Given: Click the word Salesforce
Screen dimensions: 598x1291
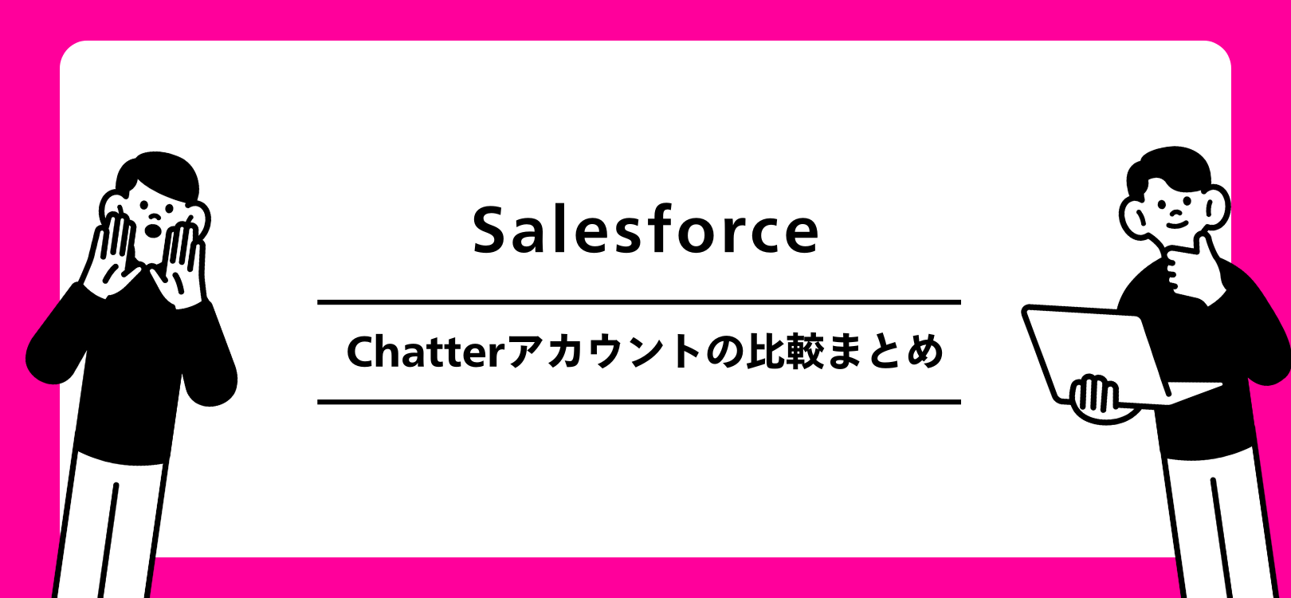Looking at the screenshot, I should coord(645,230).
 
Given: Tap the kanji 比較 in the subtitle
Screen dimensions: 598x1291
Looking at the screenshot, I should coord(785,352).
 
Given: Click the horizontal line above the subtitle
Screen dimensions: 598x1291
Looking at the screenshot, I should coord(638,302).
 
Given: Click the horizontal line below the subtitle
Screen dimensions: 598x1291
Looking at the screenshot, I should coord(638,402).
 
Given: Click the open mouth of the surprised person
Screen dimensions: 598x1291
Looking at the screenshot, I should coord(151,230).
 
